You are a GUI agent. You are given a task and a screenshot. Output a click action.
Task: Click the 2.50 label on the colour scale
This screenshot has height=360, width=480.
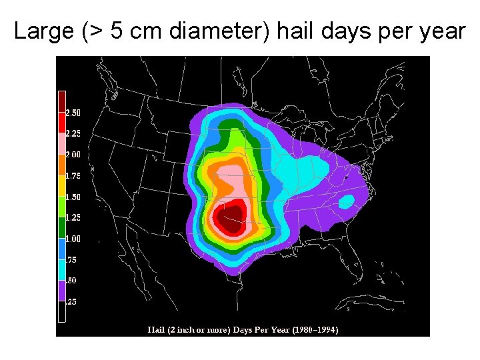[x=73, y=113]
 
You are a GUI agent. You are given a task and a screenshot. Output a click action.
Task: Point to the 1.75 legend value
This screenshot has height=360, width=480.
[x=73, y=176]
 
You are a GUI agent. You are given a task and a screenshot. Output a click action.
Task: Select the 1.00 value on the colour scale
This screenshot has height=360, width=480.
[x=73, y=239]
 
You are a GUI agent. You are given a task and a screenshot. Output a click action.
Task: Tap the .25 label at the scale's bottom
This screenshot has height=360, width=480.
[x=71, y=302]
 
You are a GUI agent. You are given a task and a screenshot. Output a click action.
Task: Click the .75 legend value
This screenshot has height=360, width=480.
[x=71, y=260]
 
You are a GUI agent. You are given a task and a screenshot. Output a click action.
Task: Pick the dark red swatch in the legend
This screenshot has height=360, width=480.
[x=61, y=102]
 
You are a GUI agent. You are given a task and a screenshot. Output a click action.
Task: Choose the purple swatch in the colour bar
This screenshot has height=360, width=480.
[x=61, y=290]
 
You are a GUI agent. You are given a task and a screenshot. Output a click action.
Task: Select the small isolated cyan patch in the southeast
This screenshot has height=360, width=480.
[x=346, y=201]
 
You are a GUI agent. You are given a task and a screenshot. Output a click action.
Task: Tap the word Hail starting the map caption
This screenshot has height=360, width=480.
[x=156, y=329]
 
